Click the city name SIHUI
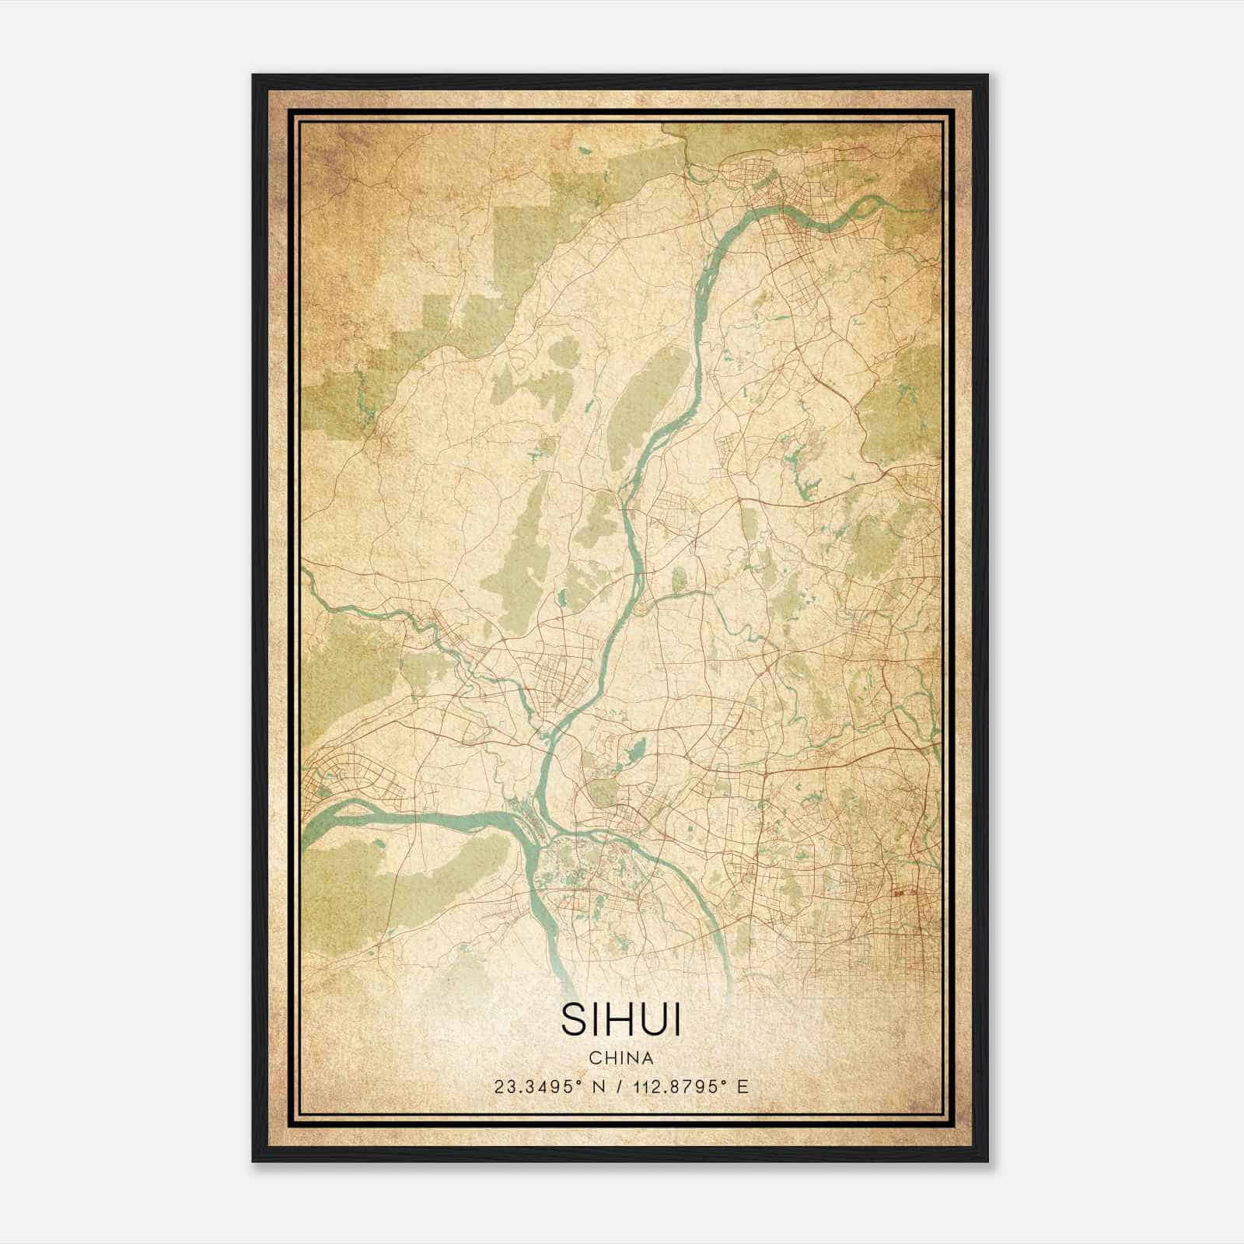[x=620, y=1020]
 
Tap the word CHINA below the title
[x=620, y=1058]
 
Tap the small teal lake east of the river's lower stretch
[x=635, y=750]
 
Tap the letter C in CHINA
[x=595, y=1058]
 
